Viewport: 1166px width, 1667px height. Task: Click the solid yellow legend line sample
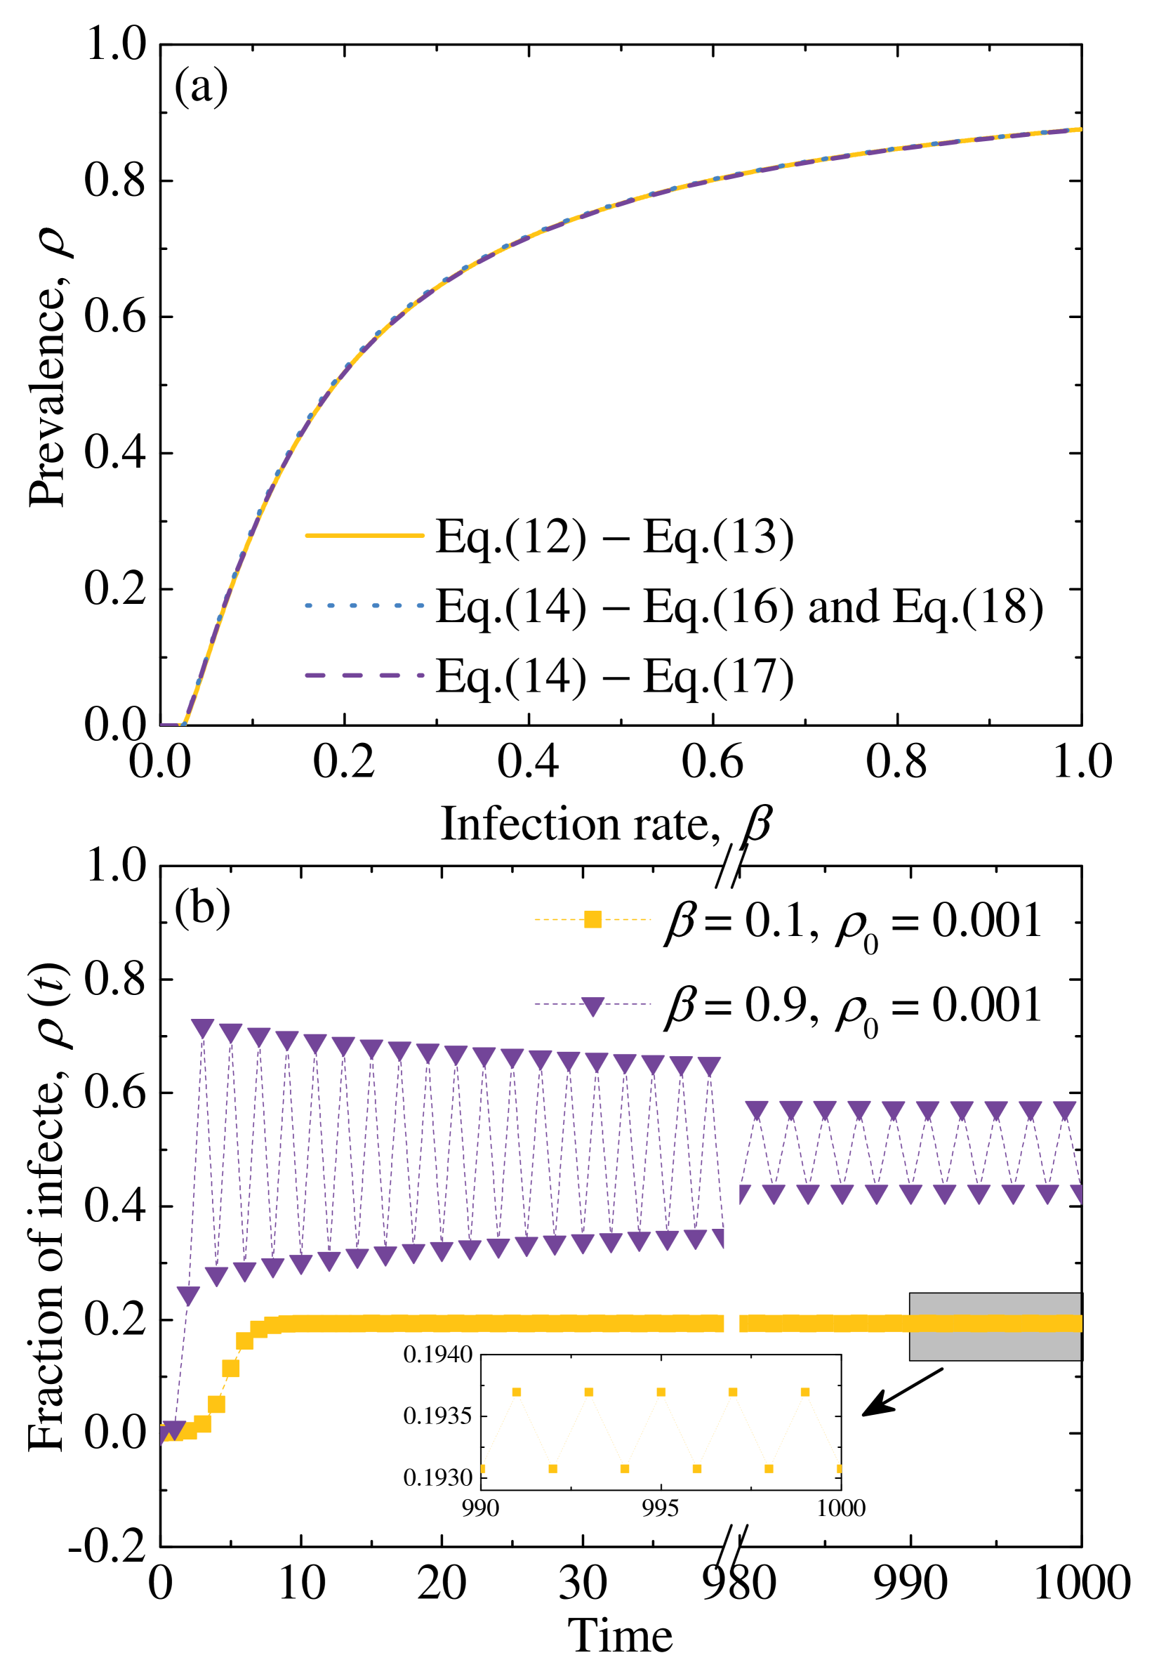364,535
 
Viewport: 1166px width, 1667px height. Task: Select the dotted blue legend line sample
364,605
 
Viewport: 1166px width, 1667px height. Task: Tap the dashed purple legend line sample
364,675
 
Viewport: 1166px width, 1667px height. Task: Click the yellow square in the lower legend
592,919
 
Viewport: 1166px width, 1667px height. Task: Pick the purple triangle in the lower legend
592,1006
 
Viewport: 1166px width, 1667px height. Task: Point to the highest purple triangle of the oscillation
203,1027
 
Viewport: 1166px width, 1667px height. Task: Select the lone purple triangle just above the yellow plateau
188,1295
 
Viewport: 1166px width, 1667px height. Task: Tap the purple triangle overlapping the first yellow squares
173,1429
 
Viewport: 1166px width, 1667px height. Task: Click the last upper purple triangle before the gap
708,1065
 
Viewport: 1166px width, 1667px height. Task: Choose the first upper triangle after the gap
757,1109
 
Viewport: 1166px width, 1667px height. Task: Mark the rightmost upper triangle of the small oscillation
1064,1109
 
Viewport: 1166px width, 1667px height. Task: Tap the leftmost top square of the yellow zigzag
516,1392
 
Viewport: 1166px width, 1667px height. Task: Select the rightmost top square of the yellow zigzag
804,1392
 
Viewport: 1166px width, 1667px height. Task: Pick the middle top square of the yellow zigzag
661,1392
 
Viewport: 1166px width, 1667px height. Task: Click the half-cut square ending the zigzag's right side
839,1468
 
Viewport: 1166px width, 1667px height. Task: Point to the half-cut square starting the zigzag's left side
484,1468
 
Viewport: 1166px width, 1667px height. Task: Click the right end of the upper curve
1080,129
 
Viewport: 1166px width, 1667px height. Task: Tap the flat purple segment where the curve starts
170,724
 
